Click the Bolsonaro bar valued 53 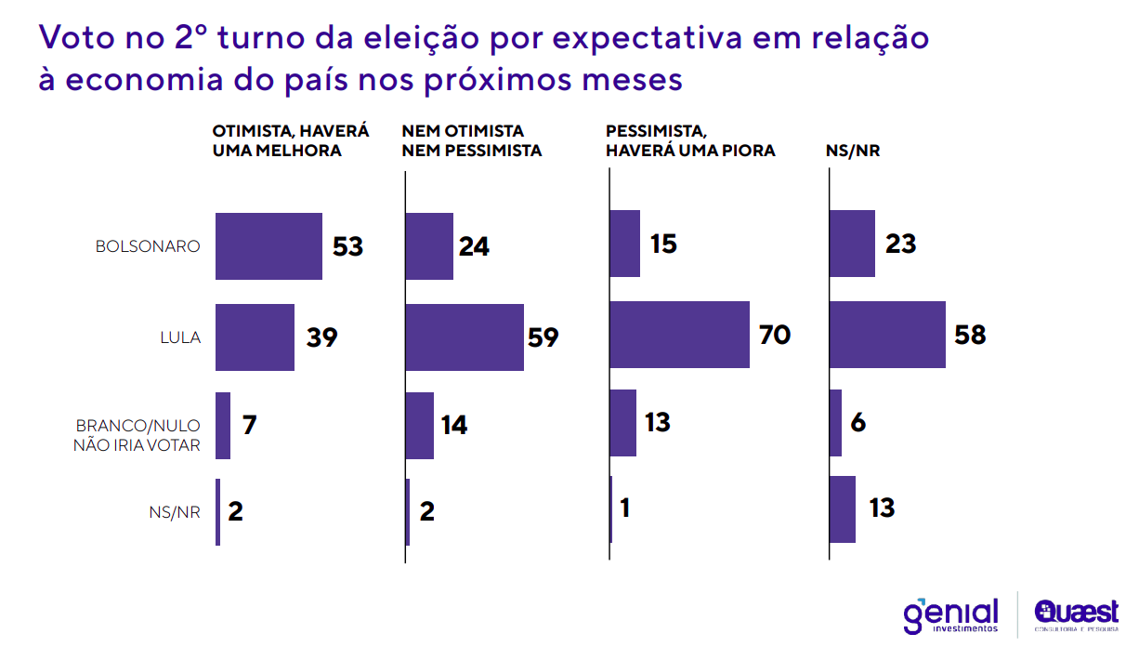[x=268, y=246]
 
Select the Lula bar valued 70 [x=679, y=335]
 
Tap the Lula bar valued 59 [x=465, y=337]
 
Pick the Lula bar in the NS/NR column [x=887, y=335]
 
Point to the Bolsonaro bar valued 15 [x=624, y=244]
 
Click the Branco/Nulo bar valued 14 [x=420, y=426]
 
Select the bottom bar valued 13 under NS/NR [x=842, y=509]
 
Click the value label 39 [x=321, y=337]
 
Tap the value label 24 [x=474, y=247]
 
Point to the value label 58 [x=970, y=335]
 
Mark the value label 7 [x=249, y=426]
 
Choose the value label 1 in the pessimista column [x=624, y=509]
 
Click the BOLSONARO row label [x=148, y=247]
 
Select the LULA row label [x=180, y=337]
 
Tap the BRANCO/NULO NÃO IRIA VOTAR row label [x=137, y=435]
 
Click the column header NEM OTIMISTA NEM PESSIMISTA [x=471, y=140]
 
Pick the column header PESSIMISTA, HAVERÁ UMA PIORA [x=689, y=140]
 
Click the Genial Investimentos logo [x=949, y=614]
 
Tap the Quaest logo [x=1075, y=614]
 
